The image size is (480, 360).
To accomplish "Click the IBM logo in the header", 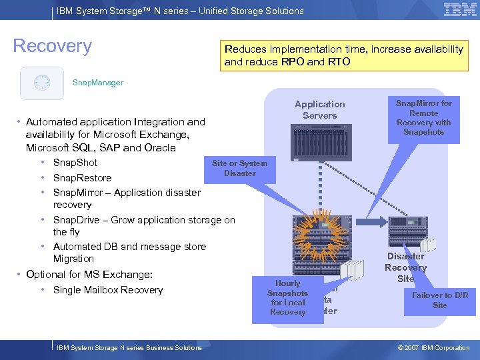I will click(x=459, y=10).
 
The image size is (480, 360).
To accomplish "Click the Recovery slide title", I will click(x=53, y=46).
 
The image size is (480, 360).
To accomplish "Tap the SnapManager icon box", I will click(x=42, y=83).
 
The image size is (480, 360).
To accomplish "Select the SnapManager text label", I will click(x=98, y=83).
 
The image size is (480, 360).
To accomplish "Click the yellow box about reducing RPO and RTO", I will click(x=344, y=55).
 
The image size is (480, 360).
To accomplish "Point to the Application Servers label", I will click(x=320, y=110).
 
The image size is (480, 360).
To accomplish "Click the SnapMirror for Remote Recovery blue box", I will click(x=423, y=117).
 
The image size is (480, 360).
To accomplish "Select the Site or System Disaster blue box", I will click(x=239, y=168).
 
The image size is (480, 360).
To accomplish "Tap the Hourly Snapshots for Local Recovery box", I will click(x=287, y=297).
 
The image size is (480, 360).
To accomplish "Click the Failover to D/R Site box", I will click(x=439, y=300).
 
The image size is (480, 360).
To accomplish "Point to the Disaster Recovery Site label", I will click(x=405, y=267).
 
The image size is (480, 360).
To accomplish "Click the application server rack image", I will click(x=320, y=141).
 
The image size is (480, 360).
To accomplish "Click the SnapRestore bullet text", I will click(x=82, y=178).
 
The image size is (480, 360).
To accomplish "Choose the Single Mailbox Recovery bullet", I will click(x=107, y=290).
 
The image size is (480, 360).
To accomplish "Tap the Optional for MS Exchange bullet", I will click(x=89, y=275).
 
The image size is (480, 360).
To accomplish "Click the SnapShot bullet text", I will click(x=75, y=163).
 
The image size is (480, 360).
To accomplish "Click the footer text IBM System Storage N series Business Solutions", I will click(x=129, y=347).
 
